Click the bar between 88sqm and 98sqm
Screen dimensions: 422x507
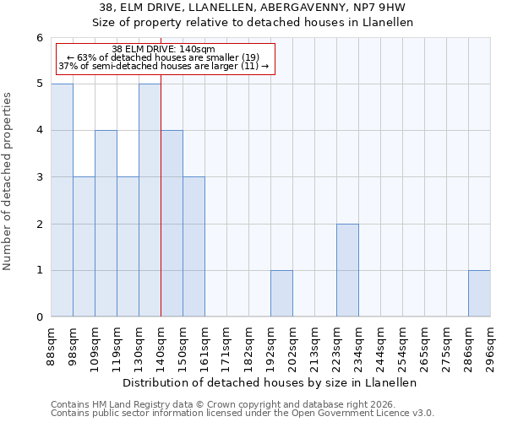tap(62, 200)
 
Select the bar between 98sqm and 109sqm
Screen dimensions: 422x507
tap(84, 246)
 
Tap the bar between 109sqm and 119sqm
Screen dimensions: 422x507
tap(106, 224)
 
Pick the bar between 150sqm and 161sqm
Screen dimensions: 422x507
tap(194, 246)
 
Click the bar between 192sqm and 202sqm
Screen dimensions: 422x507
tap(281, 294)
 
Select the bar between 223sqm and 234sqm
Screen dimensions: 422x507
tap(347, 270)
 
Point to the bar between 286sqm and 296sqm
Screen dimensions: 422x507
tap(479, 294)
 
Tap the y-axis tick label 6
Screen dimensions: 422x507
tap(39, 38)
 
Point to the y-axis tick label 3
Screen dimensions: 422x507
tap(39, 177)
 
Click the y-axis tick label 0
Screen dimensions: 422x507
tap(39, 317)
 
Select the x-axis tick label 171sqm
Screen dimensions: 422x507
tap(226, 346)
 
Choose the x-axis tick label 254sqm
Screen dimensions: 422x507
tap(402, 346)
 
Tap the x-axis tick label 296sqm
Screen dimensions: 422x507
tap(490, 346)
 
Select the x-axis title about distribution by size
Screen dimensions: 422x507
tap(270, 382)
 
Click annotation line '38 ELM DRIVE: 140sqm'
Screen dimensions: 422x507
tap(164, 50)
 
